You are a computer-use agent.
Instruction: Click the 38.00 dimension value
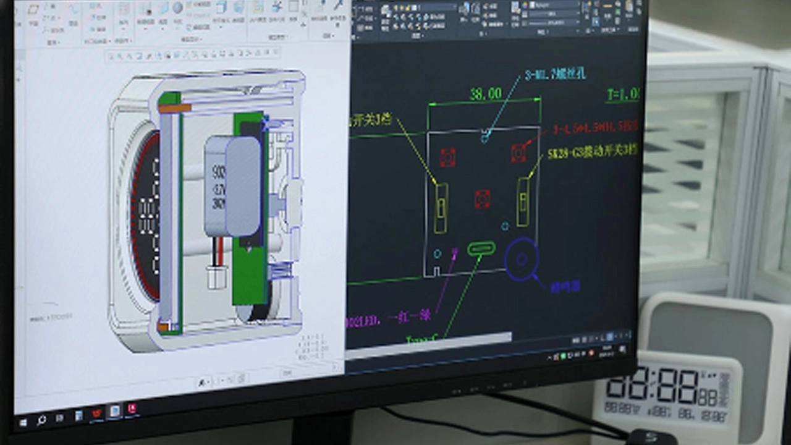click(486, 94)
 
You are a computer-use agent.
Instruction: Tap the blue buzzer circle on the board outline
click(522, 259)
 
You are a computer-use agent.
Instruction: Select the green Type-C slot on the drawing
click(481, 248)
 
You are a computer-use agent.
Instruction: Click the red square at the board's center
click(482, 199)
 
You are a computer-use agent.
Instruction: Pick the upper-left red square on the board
click(447, 157)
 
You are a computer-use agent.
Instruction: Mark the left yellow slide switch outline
click(441, 208)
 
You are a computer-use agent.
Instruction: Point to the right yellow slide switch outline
click(523, 201)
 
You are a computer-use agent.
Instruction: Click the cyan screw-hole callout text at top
click(554, 75)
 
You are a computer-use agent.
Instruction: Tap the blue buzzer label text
click(565, 287)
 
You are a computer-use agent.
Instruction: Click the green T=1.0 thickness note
click(622, 95)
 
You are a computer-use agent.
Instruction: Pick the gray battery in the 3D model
click(234, 185)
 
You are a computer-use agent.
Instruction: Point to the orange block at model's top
click(175, 108)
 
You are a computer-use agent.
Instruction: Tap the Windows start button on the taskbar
click(23, 423)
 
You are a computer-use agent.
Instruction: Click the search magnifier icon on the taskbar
click(41, 420)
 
